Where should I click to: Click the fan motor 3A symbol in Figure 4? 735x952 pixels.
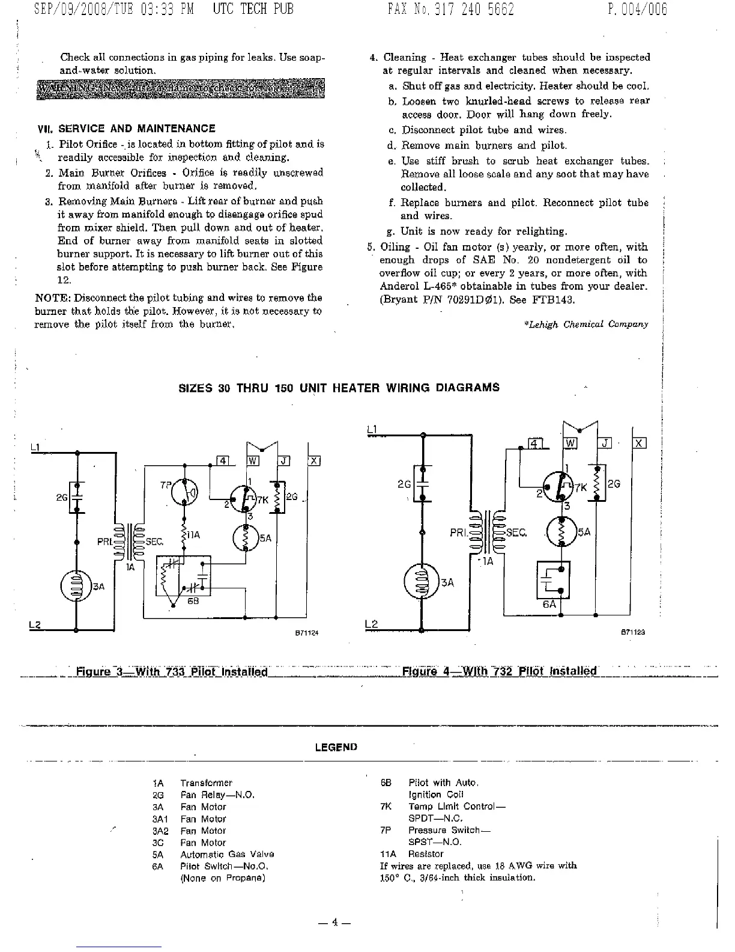[423, 582]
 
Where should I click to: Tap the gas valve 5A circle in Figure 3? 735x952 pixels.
[246, 538]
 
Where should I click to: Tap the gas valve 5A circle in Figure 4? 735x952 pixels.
[562, 531]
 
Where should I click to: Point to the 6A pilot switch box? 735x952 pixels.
[552, 580]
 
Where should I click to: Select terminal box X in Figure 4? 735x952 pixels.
[639, 444]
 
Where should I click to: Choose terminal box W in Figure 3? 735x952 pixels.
[253, 461]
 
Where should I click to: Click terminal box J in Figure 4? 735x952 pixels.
[605, 444]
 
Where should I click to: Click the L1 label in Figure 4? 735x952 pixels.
[371, 429]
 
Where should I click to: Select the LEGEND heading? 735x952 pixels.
[336, 747]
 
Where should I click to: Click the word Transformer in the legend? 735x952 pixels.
[206, 783]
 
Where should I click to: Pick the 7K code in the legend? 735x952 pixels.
[386, 807]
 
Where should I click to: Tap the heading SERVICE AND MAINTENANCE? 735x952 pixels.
[136, 129]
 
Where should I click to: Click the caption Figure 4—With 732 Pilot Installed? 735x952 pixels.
[499, 671]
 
